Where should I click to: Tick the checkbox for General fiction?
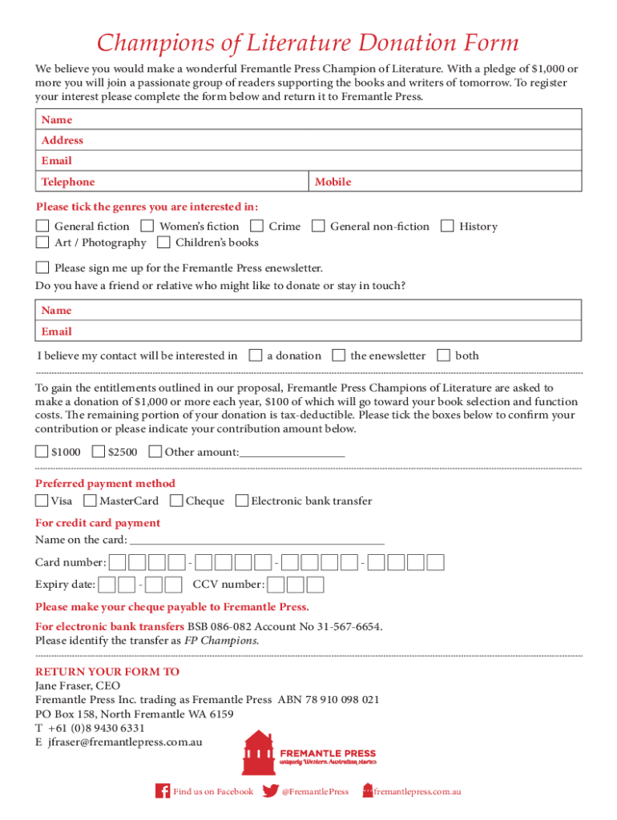pyautogui.click(x=42, y=227)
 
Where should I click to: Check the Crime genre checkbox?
pyautogui.click(x=256, y=227)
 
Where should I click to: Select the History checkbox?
pyautogui.click(x=447, y=227)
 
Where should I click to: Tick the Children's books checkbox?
pyautogui.click(x=163, y=242)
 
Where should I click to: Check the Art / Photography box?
pyautogui.click(x=42, y=242)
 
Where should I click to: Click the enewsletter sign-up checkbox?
pyautogui.click(x=42, y=267)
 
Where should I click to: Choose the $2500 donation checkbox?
pyautogui.click(x=99, y=452)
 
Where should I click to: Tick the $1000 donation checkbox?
pyautogui.click(x=42, y=452)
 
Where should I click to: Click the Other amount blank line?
pyautogui.click(x=292, y=453)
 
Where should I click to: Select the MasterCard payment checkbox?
pyautogui.click(x=90, y=501)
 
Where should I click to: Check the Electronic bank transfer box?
pyautogui.click(x=241, y=501)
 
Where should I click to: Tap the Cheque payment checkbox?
pyautogui.click(x=176, y=501)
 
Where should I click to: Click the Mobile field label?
pyautogui.click(x=333, y=182)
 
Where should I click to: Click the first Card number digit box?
pyautogui.click(x=118, y=562)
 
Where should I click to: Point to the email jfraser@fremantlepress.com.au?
pyautogui.click(x=124, y=742)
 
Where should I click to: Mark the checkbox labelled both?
pyautogui.click(x=444, y=356)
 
